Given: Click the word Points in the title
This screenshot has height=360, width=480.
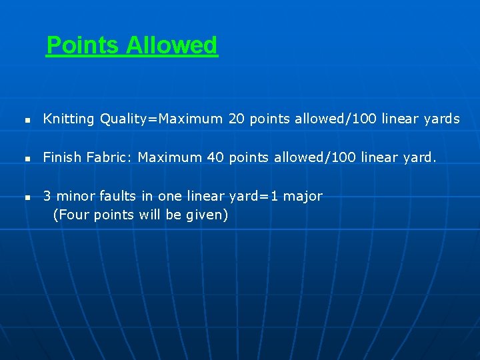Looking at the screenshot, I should pos(83,45).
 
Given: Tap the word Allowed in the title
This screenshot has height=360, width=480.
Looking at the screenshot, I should pos(171,45).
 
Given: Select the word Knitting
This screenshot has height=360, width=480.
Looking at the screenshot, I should pos(69,119).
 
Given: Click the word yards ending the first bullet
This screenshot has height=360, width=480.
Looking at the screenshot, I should pos(440,119).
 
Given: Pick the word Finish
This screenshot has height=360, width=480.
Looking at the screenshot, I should pos(61,157).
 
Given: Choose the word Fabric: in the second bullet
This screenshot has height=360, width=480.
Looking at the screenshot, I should pos(109,157).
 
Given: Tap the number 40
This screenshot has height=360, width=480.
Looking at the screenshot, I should pos(215,157).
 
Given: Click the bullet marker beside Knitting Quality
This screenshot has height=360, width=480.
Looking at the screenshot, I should pos(27,121).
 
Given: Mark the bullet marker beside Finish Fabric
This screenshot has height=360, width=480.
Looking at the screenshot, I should pos(27,159).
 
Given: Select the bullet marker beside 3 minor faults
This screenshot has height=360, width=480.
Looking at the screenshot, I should pos(27,198).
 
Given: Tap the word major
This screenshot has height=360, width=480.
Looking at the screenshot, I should pos(303,196).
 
